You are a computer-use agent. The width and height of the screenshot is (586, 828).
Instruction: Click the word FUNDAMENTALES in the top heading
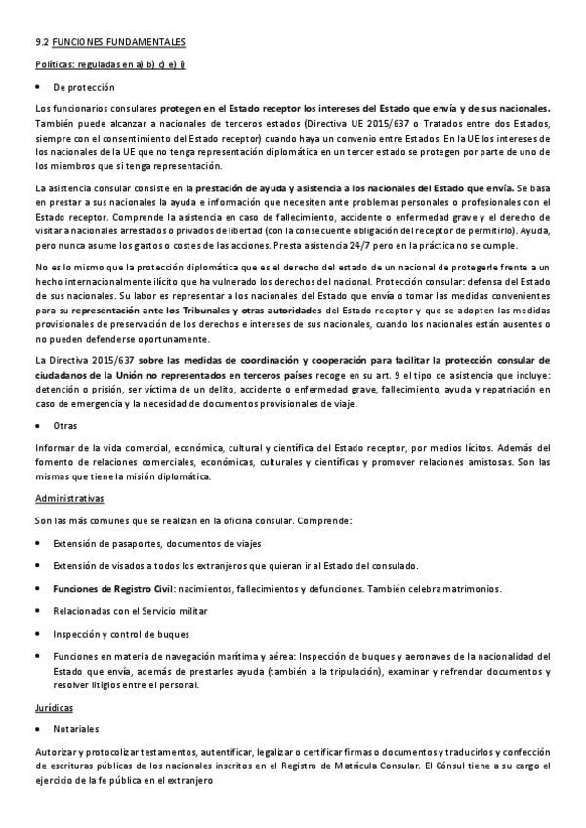[x=144, y=42]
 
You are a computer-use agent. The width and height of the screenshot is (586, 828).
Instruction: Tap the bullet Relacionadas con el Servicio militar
[x=143, y=612]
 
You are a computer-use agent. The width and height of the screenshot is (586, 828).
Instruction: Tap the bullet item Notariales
[x=76, y=728]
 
